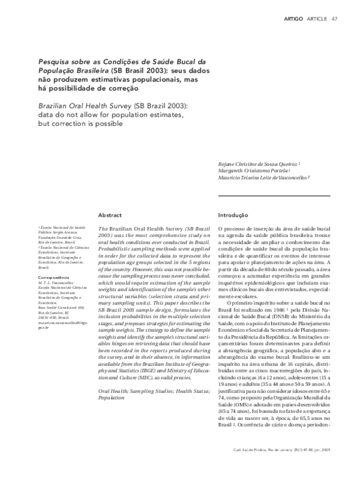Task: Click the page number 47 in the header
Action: coord(335,18)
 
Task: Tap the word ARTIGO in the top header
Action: coord(295,18)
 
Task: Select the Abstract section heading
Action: coord(110,215)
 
